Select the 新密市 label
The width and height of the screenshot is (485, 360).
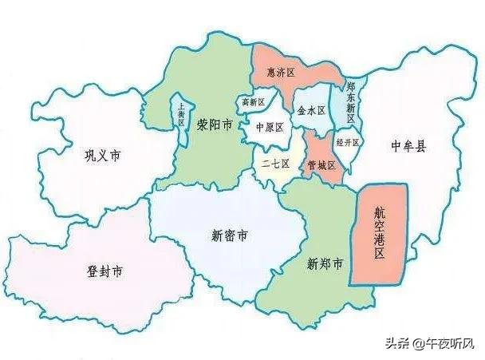tap(229, 235)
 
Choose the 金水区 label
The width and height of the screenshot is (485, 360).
tap(310, 111)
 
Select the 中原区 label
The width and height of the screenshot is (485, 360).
tap(270, 127)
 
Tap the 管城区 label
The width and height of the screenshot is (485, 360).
tap(321, 165)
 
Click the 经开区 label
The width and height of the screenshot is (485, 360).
tap(348, 143)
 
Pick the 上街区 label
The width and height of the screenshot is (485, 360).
tap(181, 119)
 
